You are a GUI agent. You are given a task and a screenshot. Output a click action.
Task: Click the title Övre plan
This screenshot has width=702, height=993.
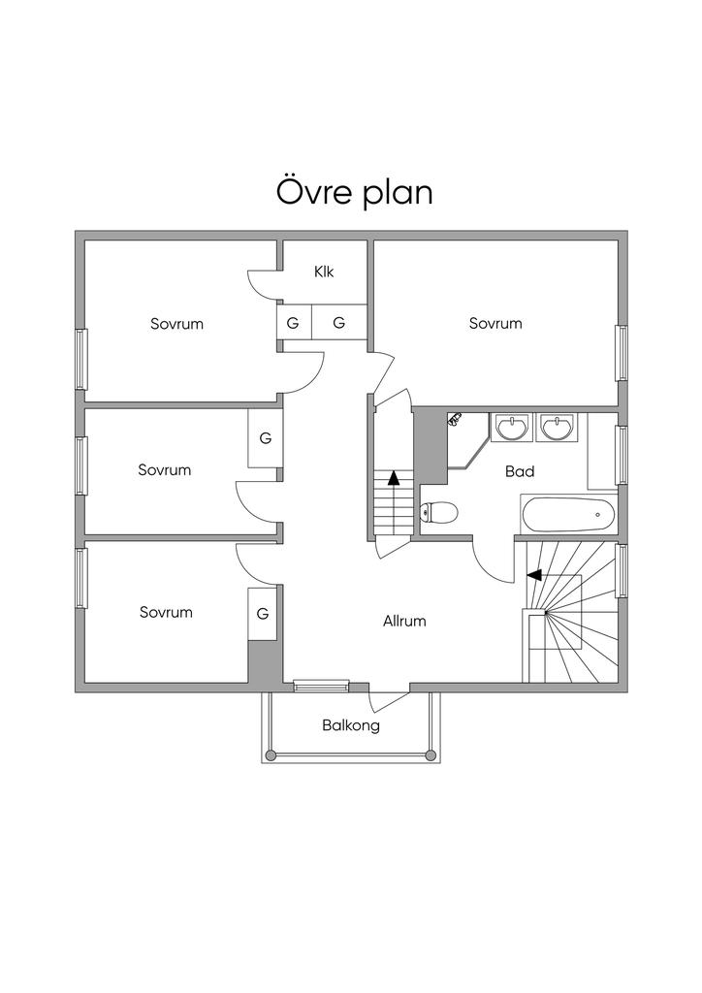click(355, 192)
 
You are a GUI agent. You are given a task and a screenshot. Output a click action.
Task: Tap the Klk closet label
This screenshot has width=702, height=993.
click(324, 272)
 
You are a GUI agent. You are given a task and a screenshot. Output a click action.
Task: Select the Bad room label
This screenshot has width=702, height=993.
click(520, 471)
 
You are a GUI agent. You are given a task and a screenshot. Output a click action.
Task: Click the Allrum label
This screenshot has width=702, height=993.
click(404, 622)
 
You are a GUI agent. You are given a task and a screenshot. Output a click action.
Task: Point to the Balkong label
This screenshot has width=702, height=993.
click(351, 725)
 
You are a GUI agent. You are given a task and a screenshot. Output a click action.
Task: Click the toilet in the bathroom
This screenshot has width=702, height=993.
click(438, 512)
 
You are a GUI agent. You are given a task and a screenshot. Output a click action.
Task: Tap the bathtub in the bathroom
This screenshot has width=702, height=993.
click(568, 515)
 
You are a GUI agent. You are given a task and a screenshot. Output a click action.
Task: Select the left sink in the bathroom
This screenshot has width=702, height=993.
click(511, 427)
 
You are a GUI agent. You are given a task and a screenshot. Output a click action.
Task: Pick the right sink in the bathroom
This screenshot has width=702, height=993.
click(557, 427)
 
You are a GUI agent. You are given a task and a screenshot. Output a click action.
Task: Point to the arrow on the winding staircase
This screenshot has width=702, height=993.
click(534, 575)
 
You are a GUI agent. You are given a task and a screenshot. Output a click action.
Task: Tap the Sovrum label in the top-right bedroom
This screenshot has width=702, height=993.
click(495, 324)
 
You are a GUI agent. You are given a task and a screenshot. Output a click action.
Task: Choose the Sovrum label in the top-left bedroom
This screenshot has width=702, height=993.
click(176, 324)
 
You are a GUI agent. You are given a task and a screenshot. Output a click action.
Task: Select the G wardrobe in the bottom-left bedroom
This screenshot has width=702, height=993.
click(263, 614)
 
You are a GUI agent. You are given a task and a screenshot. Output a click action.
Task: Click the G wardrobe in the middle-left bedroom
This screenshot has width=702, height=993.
click(266, 438)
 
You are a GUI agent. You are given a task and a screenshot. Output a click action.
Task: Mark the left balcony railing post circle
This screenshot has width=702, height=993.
click(271, 754)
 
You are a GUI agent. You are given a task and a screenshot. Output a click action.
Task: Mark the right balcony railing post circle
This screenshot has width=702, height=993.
click(431, 754)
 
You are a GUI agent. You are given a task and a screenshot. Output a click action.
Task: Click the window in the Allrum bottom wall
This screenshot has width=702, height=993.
click(321, 686)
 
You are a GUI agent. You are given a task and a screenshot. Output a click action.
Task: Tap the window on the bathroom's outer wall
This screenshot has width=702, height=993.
click(622, 456)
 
